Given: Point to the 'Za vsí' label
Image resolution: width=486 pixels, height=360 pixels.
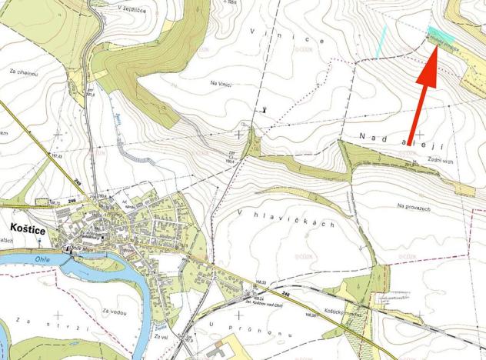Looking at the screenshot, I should [x=161, y=338].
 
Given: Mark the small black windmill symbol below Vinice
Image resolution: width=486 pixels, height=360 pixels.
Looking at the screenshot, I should [x=266, y=109].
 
